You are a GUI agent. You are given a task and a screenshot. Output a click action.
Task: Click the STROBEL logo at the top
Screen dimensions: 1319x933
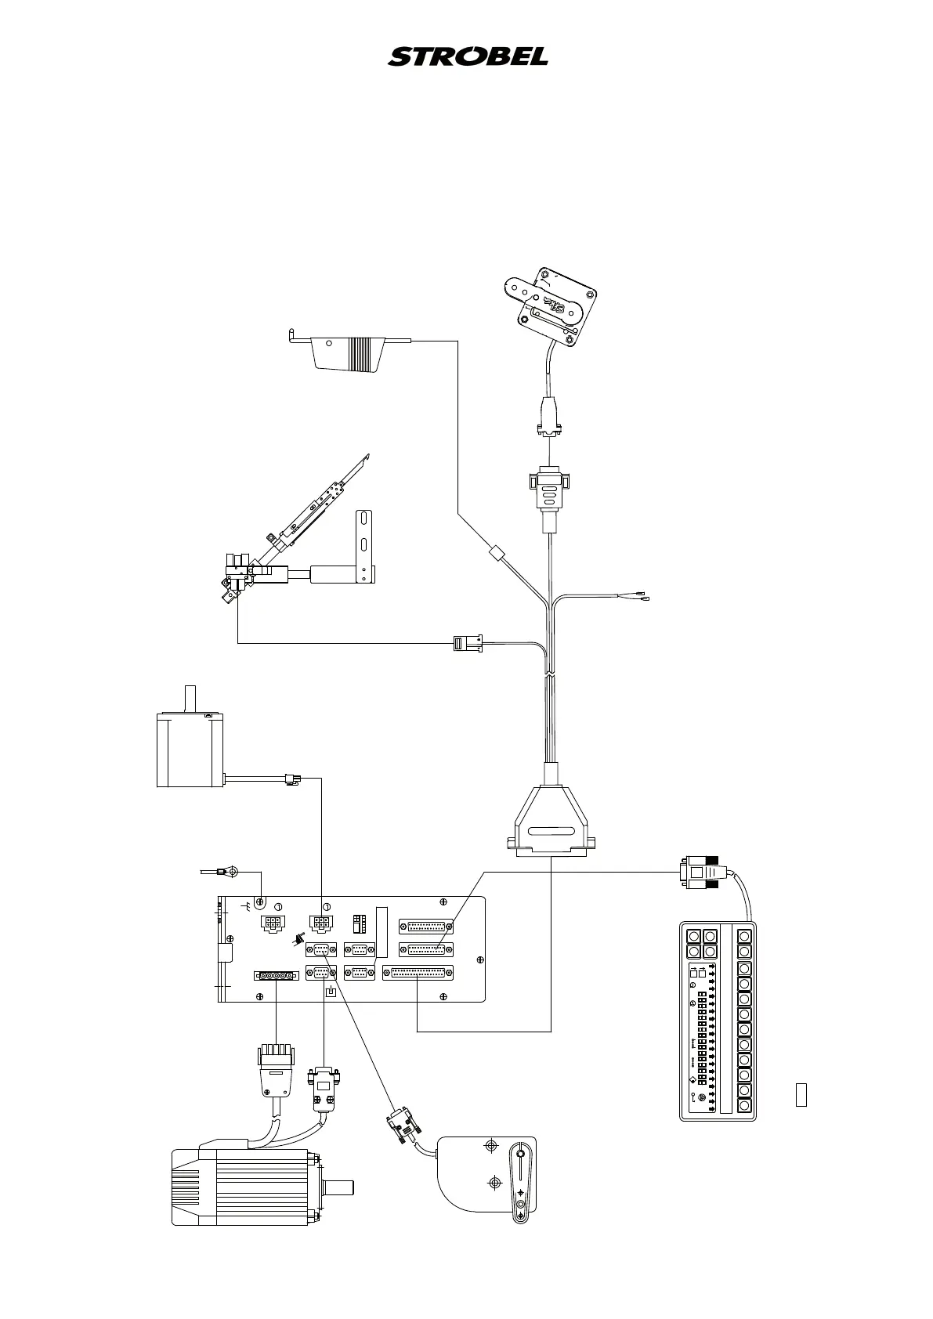click(468, 56)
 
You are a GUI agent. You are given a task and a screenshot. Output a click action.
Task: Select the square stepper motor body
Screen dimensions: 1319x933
click(191, 750)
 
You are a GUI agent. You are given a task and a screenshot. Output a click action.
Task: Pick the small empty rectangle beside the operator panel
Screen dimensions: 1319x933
click(801, 1094)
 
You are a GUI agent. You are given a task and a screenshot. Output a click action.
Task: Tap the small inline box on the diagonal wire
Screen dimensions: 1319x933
click(494, 554)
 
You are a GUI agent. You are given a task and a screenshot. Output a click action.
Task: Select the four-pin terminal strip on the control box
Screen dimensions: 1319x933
click(277, 976)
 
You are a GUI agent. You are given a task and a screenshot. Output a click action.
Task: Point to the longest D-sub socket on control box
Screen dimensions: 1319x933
click(418, 973)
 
